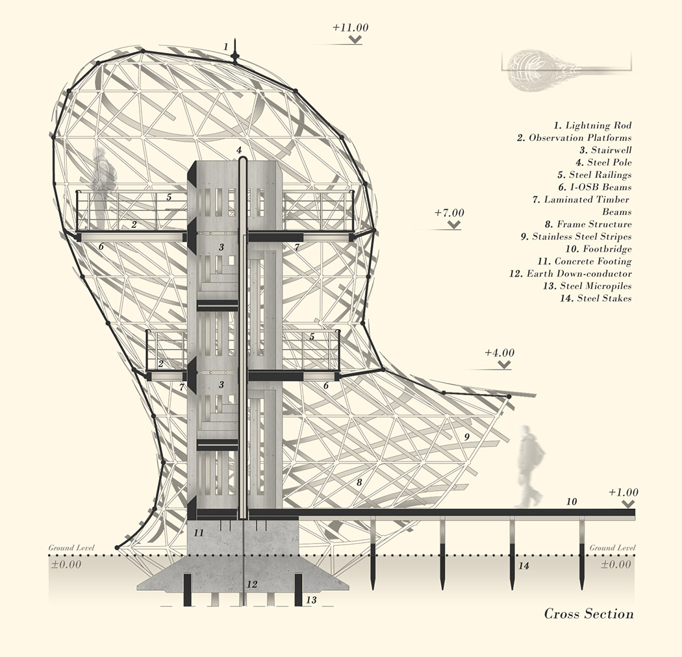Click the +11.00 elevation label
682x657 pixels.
coord(350,28)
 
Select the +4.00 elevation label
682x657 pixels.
coord(499,353)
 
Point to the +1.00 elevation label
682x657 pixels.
coord(624,492)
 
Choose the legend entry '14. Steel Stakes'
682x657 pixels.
coord(595,298)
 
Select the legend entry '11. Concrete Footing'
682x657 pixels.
coord(584,261)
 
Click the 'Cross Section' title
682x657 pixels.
coord(588,614)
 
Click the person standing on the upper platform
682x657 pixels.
coord(103,185)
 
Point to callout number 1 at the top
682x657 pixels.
coord(225,47)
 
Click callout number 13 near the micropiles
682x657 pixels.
coord(311,601)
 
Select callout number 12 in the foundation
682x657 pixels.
coord(253,584)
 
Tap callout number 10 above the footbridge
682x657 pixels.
coord(572,501)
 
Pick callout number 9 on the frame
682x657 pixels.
coord(466,437)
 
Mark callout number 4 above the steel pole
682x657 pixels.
coord(239,151)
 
